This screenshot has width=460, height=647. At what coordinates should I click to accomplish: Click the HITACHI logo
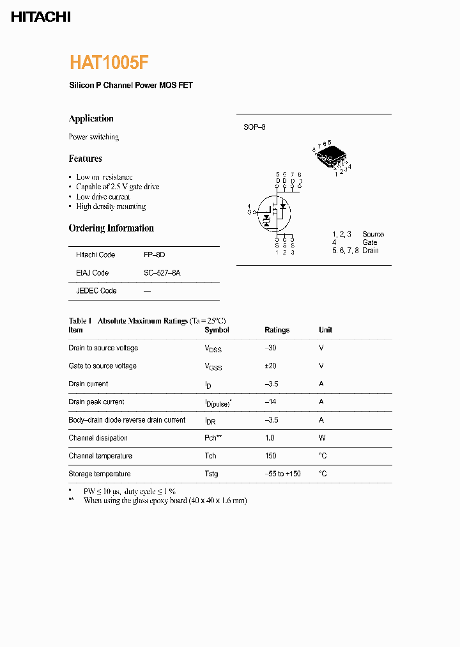pos(41,17)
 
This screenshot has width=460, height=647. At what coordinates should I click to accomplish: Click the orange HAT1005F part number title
pos(109,63)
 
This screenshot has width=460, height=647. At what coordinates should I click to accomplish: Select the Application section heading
pos(91,118)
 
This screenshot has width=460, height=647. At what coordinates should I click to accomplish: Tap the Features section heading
pos(85,159)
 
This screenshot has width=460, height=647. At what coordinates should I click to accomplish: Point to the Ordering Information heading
pos(111,228)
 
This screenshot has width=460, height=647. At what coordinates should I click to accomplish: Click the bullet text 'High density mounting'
pos(111,207)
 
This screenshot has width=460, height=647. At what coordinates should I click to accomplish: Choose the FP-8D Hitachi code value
pos(154,254)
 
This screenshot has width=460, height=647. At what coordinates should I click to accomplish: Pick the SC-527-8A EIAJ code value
pos(162,272)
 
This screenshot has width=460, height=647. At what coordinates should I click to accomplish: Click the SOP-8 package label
pos(254,127)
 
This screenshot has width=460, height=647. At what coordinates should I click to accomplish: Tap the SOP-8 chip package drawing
pos(332,156)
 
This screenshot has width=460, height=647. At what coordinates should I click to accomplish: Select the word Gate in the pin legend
pos(370,242)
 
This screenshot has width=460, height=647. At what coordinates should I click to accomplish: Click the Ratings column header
pos(277,330)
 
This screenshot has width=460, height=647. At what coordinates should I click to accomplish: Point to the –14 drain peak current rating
pos(271,401)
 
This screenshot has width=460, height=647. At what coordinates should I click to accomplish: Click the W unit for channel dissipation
pos(322,438)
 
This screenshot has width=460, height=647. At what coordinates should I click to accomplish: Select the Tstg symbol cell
pos(211,474)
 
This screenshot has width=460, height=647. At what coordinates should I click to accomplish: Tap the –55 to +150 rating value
pos(282,474)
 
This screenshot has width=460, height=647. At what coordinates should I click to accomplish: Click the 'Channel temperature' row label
pos(100,456)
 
